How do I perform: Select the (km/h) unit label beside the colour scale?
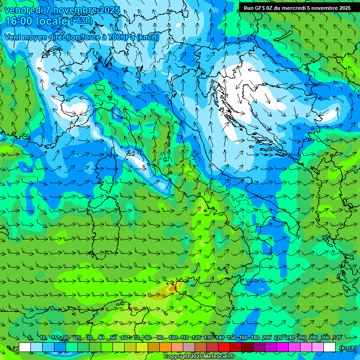347,348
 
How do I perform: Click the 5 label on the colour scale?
30,338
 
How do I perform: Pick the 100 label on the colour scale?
172,338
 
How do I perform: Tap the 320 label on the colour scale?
337,338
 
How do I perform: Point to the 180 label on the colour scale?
255,338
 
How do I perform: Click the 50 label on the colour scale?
113,338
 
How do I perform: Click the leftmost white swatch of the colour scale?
25,347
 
